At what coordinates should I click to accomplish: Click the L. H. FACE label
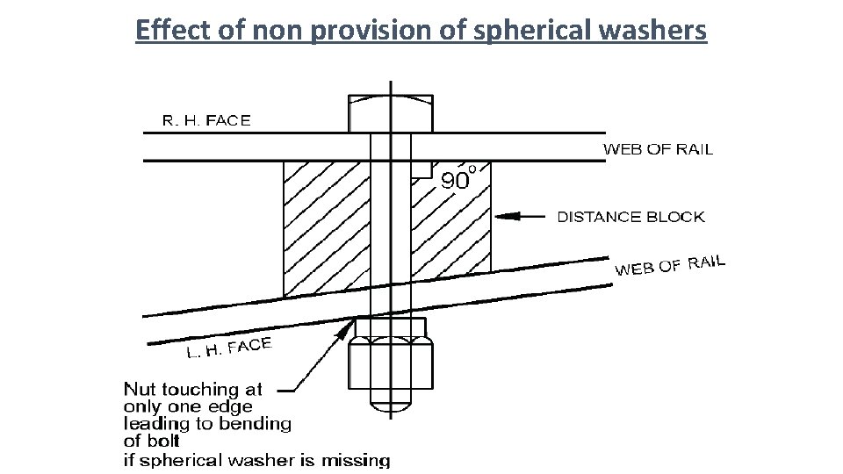pyautogui.click(x=228, y=348)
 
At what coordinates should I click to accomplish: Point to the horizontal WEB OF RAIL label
pyautogui.click(x=658, y=149)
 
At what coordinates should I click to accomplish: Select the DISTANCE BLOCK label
pyautogui.click(x=630, y=217)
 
